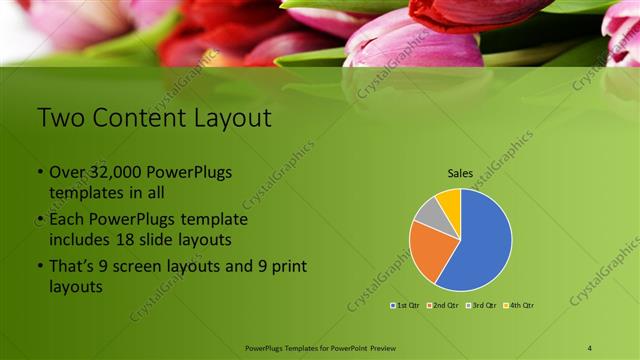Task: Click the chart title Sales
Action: point(460,173)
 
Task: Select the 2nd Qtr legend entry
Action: point(441,305)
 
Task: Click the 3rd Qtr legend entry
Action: point(480,305)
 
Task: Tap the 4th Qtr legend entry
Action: point(519,305)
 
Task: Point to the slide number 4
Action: point(590,347)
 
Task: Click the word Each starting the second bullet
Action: point(68,218)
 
